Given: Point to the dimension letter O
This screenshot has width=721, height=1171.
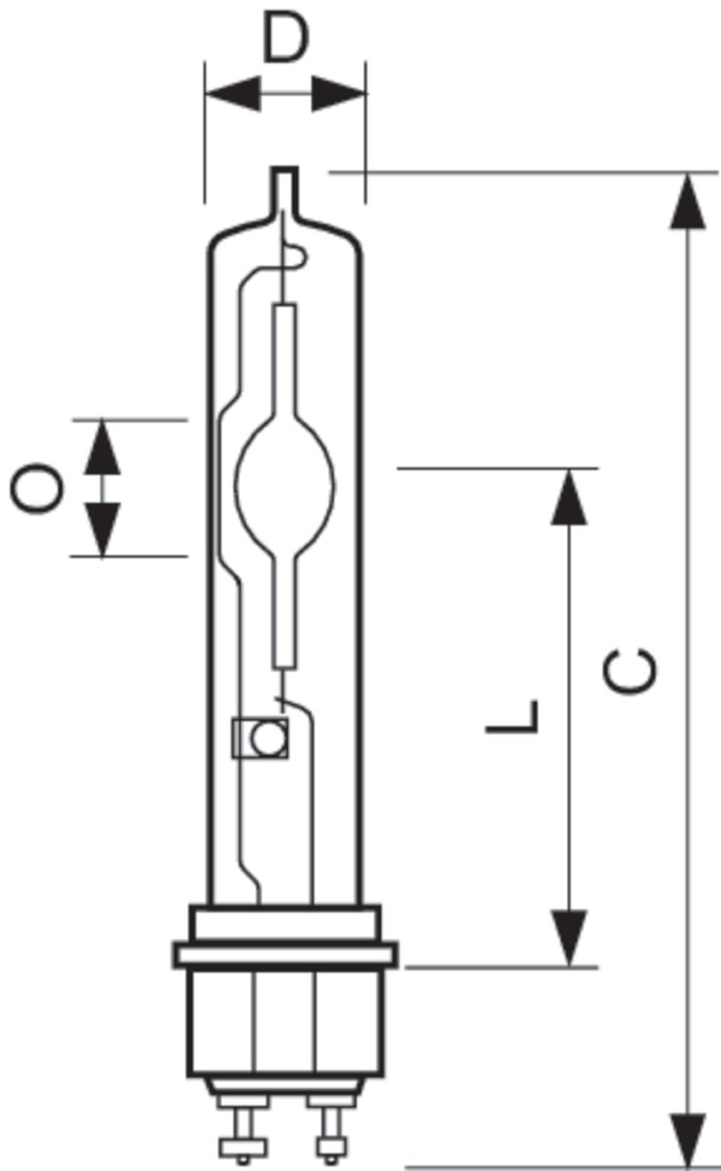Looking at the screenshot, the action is (37, 489).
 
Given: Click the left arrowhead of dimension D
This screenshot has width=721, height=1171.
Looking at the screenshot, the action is (233, 93).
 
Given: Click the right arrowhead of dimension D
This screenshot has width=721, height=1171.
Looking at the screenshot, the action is (339, 93).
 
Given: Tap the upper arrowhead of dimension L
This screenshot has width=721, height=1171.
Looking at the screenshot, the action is (569, 497).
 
